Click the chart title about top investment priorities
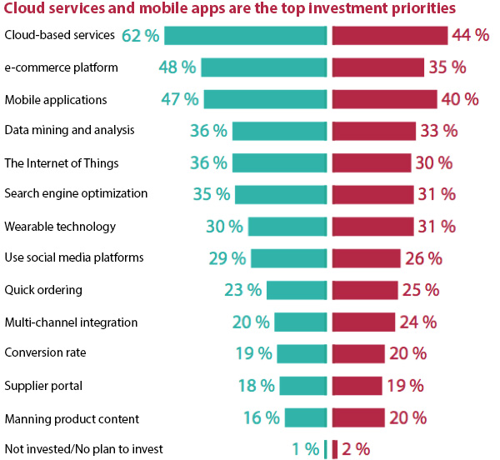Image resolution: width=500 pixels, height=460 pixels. click(230, 10)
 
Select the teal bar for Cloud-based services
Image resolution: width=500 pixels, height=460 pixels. click(245, 35)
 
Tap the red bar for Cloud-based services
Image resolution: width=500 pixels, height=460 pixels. click(389, 35)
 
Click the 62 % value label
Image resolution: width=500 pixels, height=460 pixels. click(141, 35)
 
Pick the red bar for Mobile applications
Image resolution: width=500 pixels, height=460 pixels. click(384, 99)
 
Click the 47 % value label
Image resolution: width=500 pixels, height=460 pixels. click(179, 99)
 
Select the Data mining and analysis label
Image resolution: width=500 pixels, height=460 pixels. click(69, 130)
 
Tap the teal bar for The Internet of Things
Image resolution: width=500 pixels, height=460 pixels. click(279, 162)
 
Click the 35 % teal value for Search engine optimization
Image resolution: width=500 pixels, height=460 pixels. click(211, 194)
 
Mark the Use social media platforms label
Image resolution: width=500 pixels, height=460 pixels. click(74, 257)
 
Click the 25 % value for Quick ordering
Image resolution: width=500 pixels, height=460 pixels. click(421, 290)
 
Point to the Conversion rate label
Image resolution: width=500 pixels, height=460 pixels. click(45, 352)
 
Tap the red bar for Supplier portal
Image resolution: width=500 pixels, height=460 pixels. click(357, 385)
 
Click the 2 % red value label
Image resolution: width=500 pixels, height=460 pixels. click(356, 449)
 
